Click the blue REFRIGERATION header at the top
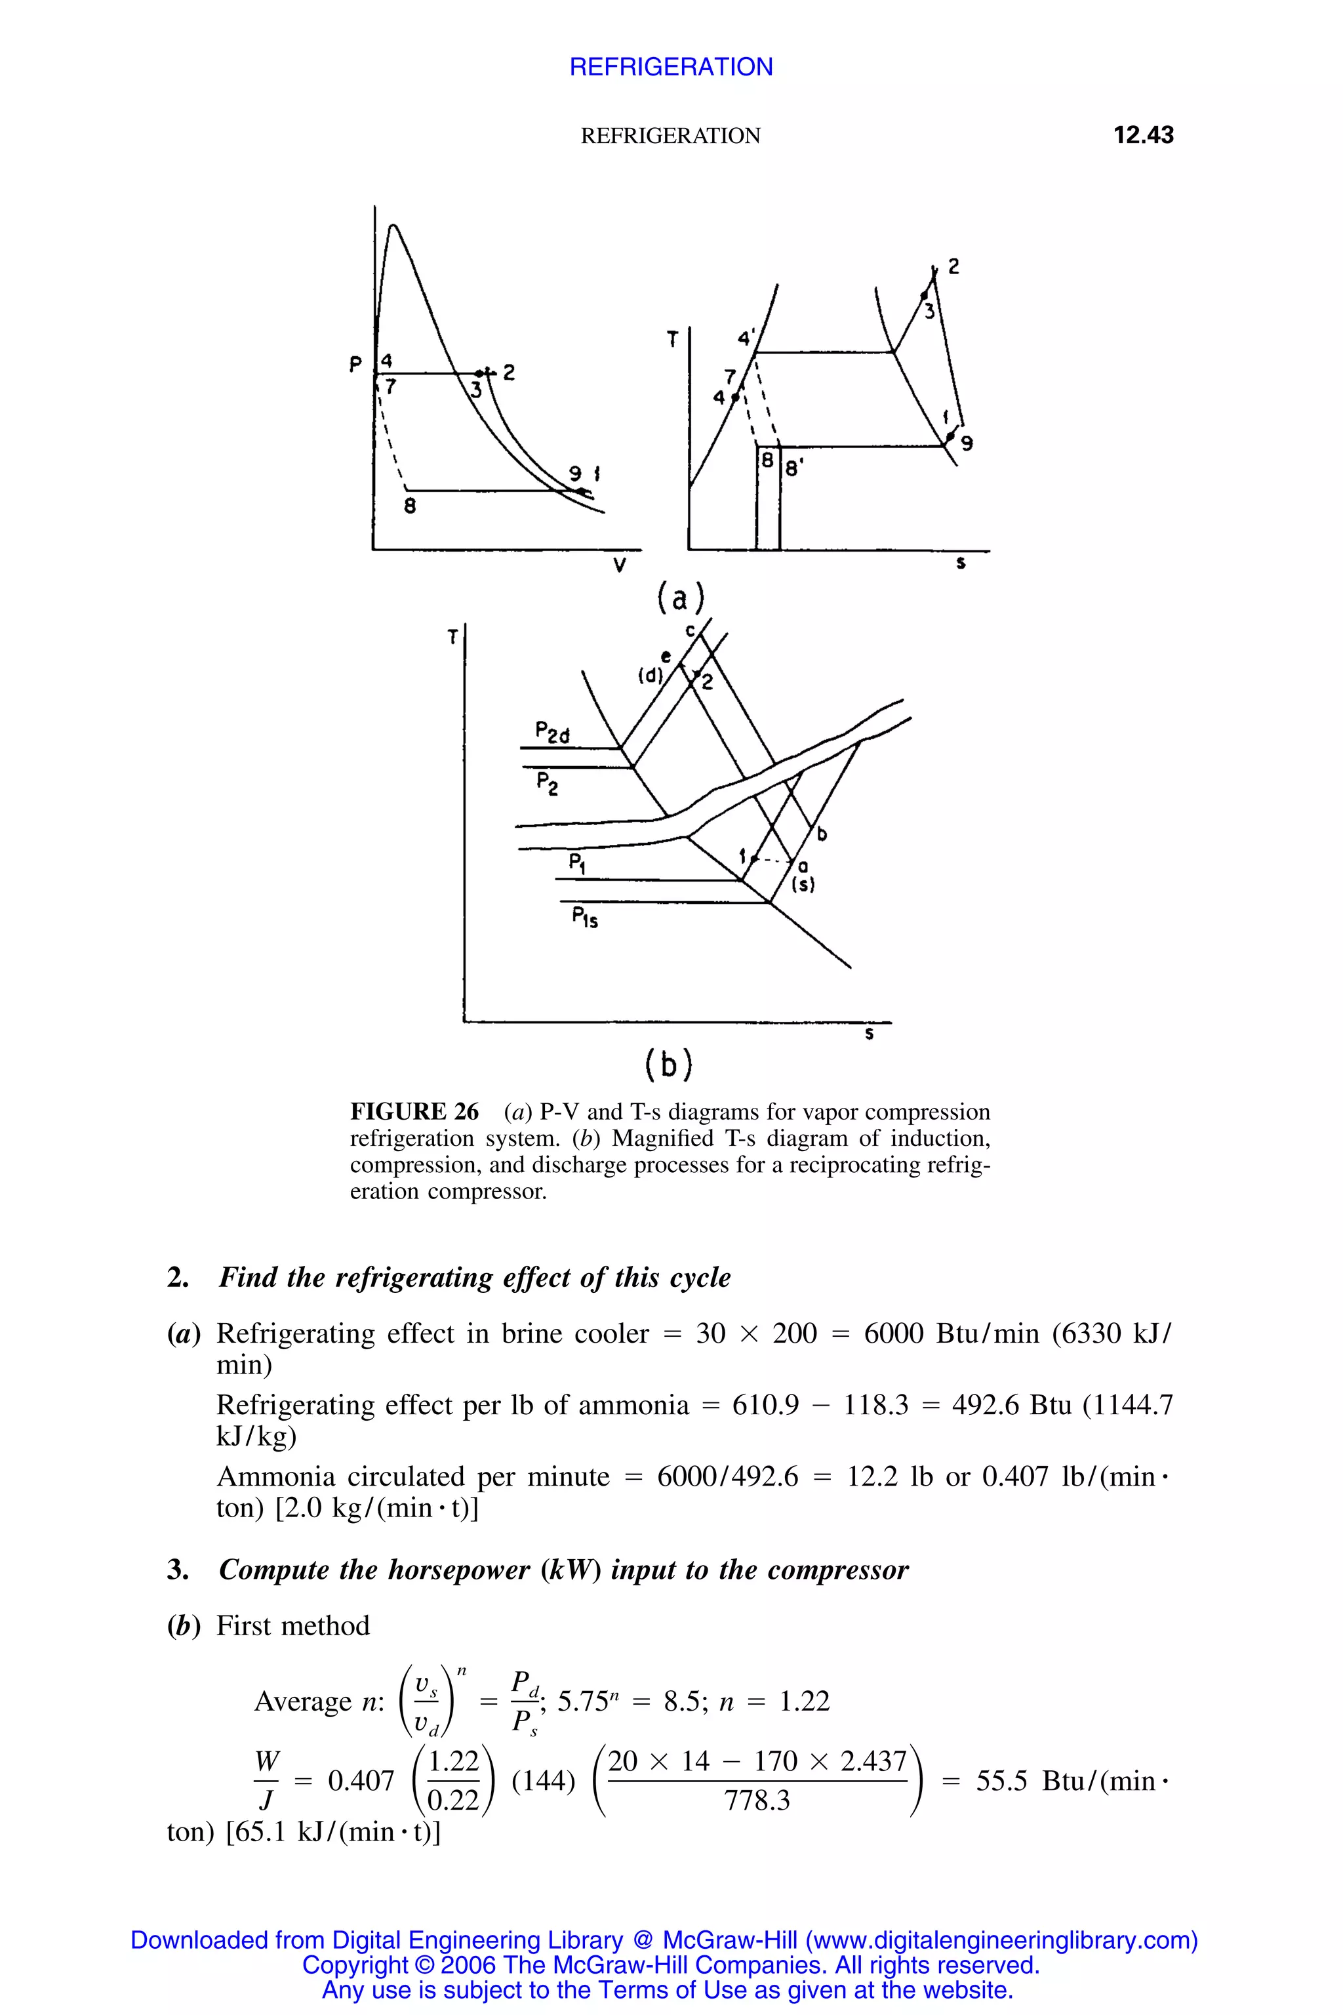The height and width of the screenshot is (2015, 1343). pos(671,67)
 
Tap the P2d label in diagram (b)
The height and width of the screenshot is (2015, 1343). pos(551,733)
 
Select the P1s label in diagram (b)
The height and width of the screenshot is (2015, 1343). pos(585,919)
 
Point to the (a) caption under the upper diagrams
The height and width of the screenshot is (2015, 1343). pos(680,598)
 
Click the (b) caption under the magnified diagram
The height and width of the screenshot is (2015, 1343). pos(668,1065)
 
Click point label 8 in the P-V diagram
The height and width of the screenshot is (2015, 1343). pos(411,506)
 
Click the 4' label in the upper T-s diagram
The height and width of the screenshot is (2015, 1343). pos(747,336)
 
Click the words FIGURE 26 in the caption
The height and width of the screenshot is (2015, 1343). pos(414,1112)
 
